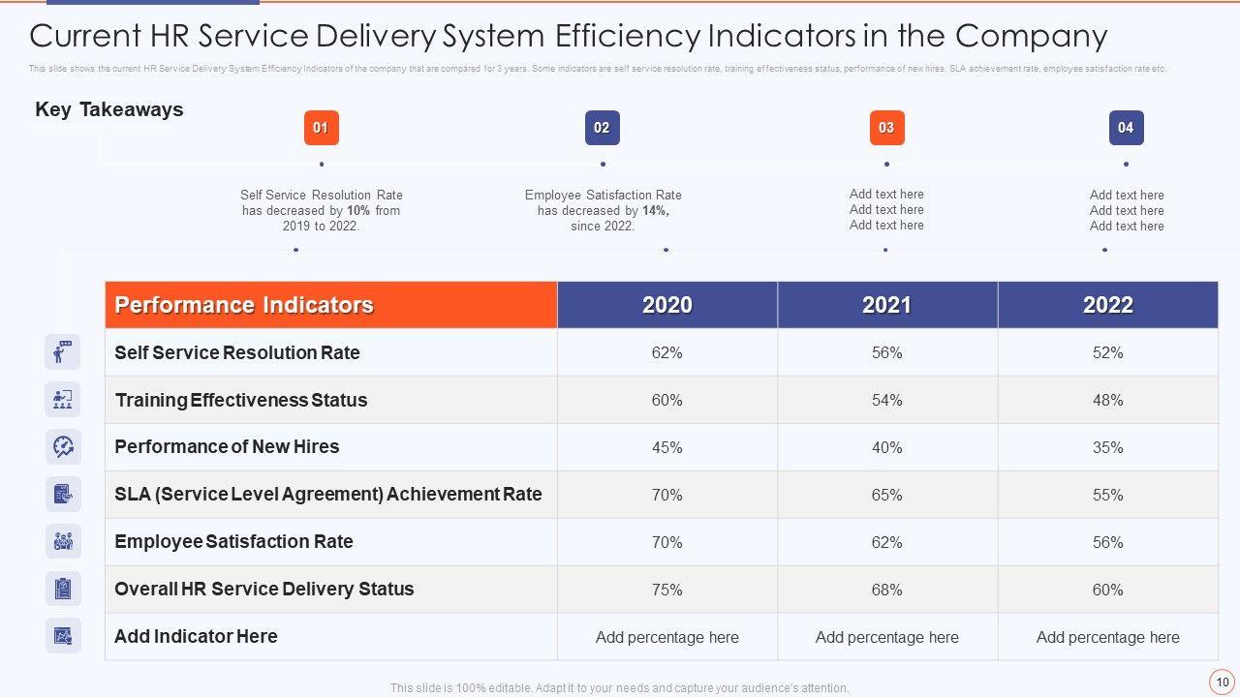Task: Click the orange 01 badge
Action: (321, 128)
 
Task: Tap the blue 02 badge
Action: (602, 128)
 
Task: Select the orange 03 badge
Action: (886, 128)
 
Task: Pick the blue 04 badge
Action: (1126, 128)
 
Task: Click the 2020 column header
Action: (667, 305)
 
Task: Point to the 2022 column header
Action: (1108, 305)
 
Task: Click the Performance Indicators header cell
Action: (244, 305)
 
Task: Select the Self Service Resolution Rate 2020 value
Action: (667, 353)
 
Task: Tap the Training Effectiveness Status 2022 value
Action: (1108, 400)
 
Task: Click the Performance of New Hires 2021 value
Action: (887, 447)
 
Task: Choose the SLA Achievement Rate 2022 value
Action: (1108, 495)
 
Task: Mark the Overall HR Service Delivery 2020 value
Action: (667, 590)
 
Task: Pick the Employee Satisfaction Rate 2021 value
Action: (887, 542)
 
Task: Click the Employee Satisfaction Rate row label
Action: (233, 542)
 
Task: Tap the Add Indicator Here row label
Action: (196, 636)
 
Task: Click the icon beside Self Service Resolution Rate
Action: (63, 352)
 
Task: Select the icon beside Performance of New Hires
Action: (63, 446)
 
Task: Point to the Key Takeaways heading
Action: (108, 109)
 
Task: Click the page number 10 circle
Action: (1222, 682)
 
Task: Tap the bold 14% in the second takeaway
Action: (655, 210)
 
